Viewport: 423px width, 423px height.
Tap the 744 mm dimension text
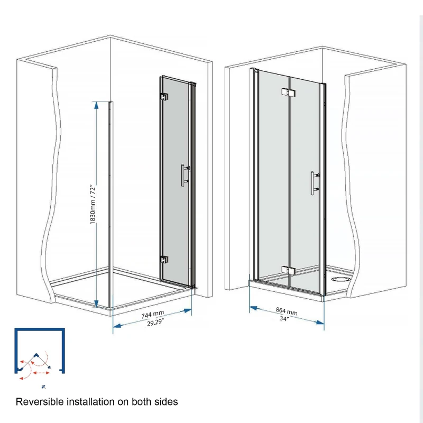click(152, 316)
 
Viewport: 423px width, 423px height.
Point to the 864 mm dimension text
click(287, 311)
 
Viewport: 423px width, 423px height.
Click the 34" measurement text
click(284, 319)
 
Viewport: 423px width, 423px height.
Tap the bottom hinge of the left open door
click(163, 260)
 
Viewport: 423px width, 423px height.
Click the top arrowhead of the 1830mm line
click(96, 105)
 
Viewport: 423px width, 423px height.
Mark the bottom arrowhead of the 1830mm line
click(96, 304)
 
